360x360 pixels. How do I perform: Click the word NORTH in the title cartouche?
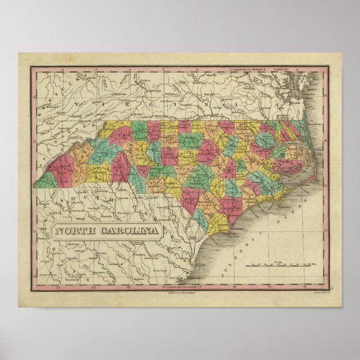click(x=72, y=231)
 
